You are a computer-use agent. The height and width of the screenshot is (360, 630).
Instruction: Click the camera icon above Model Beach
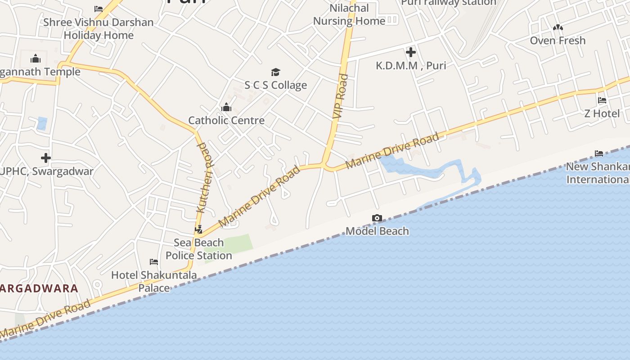(x=377, y=218)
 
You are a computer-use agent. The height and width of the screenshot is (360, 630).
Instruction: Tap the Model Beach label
(x=377, y=231)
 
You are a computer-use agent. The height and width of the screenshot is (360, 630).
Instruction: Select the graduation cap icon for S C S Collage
(x=275, y=72)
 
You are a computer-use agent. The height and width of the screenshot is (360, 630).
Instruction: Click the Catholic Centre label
(x=226, y=121)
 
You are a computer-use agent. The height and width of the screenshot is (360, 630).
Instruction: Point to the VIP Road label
(x=341, y=96)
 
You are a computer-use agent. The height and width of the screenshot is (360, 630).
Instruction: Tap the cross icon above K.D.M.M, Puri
(x=410, y=53)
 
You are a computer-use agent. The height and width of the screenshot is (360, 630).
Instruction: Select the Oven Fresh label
(x=558, y=40)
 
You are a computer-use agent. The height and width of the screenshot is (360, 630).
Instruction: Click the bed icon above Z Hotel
(x=602, y=100)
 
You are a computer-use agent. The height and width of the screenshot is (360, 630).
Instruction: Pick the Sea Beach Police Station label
(x=199, y=249)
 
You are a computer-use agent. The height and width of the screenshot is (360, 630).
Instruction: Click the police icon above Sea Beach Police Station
(x=198, y=229)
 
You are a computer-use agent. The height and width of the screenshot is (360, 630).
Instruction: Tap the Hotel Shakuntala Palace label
(x=154, y=281)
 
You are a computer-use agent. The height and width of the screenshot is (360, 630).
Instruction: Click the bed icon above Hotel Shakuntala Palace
(x=154, y=262)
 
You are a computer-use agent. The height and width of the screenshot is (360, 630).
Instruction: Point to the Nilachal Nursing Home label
(x=349, y=14)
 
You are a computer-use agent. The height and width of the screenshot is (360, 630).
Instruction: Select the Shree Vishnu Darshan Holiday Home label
(x=99, y=29)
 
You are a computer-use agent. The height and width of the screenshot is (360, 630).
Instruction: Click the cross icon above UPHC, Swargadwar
(x=45, y=158)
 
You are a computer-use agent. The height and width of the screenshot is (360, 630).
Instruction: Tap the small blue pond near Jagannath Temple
(x=42, y=123)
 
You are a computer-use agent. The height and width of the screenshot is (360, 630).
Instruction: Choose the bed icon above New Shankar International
(x=598, y=153)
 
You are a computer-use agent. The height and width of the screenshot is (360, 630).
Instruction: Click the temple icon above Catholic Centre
(x=226, y=107)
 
